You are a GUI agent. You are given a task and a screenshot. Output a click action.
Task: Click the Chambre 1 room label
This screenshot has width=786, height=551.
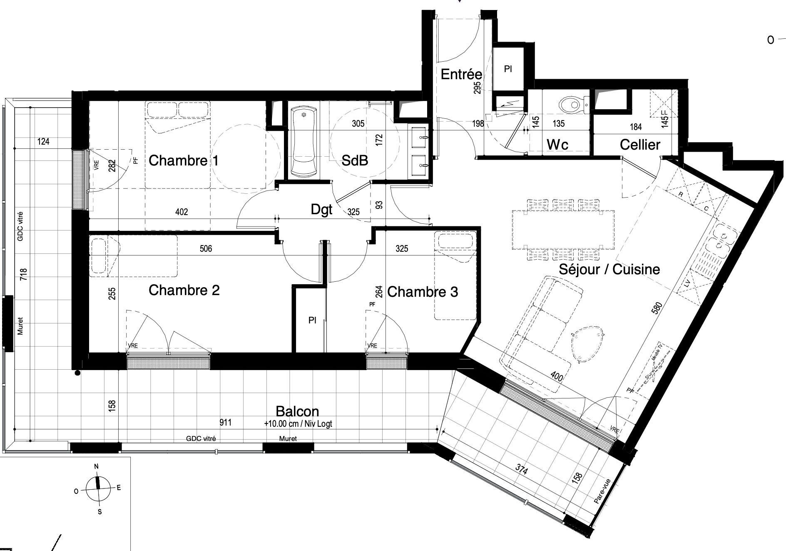[x=184, y=160]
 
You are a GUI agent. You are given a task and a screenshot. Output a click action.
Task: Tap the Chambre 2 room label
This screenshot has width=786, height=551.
[x=184, y=290]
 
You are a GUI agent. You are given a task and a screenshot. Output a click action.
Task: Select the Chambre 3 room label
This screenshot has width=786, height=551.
[x=423, y=292]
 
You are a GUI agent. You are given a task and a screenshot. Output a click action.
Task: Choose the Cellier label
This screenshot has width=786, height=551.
[x=640, y=145]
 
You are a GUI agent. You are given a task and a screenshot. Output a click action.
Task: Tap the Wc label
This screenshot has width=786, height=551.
[x=557, y=145]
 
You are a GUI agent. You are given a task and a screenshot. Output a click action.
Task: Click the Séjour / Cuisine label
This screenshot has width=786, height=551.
[x=609, y=269]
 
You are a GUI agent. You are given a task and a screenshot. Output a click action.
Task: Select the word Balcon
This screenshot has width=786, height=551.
[x=297, y=411]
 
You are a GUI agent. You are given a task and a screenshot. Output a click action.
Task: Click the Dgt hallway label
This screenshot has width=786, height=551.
[x=321, y=209]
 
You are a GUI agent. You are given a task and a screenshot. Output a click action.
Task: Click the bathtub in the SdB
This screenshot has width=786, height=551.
[x=304, y=141]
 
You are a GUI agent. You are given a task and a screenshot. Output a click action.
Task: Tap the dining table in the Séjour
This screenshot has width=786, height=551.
[x=563, y=230]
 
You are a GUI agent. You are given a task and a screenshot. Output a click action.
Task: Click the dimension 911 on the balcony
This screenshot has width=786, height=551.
[x=226, y=423]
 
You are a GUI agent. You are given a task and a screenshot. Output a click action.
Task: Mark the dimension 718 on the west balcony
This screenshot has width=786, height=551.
[x=24, y=274]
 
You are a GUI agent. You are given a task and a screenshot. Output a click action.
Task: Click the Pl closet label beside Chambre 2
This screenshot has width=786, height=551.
[x=312, y=320]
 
